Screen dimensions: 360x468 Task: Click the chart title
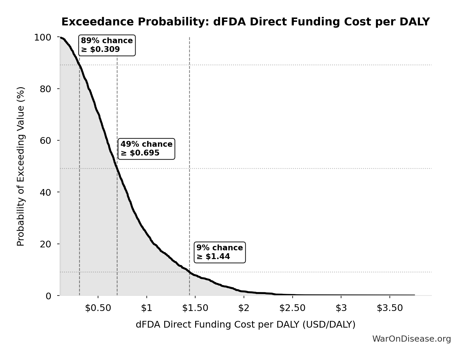click(245, 22)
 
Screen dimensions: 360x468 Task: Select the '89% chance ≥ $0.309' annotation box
click(107, 45)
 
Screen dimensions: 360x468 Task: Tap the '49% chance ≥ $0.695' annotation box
click(146, 149)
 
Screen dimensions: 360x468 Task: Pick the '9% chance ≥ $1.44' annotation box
click(220, 252)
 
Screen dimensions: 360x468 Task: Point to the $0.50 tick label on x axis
click(98, 308)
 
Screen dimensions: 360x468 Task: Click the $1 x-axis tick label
click(146, 308)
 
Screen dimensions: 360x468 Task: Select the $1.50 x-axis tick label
click(195, 308)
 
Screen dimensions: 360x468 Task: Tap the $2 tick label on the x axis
click(244, 308)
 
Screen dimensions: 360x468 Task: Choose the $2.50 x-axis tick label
click(292, 308)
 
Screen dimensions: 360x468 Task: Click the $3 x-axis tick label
click(341, 308)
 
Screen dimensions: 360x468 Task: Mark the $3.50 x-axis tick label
click(390, 308)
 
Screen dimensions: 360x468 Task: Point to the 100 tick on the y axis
click(43, 37)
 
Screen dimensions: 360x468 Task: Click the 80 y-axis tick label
click(46, 89)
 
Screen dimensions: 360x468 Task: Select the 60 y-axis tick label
click(46, 141)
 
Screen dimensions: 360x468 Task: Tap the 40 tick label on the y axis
click(46, 192)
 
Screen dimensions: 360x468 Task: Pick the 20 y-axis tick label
click(46, 244)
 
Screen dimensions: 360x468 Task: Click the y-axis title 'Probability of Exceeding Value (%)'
click(21, 166)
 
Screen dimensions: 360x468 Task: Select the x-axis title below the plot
click(245, 325)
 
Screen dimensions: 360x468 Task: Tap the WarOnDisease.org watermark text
click(411, 339)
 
